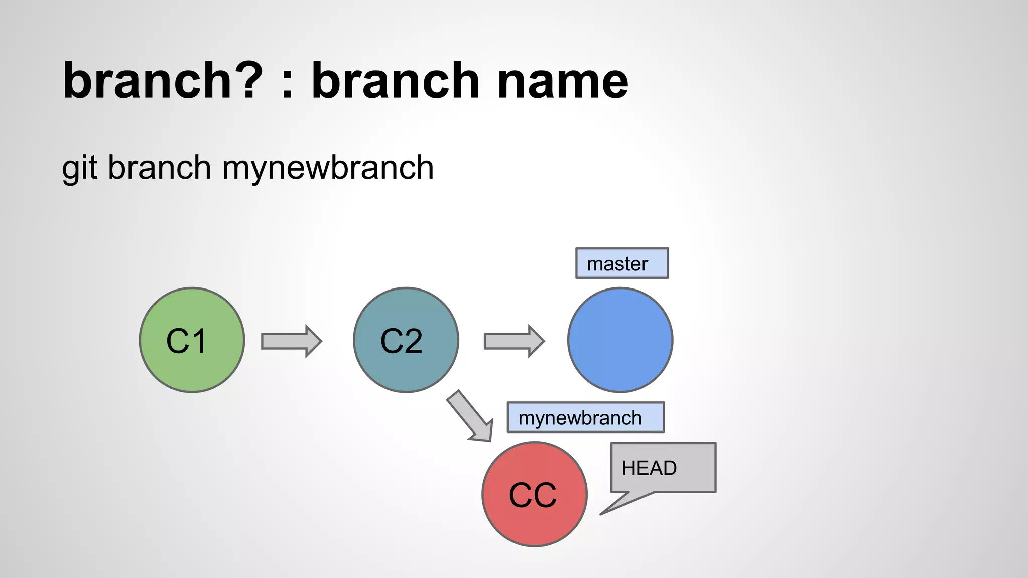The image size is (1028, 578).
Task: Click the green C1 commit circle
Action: click(192, 340)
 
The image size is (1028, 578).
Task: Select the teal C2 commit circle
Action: click(406, 340)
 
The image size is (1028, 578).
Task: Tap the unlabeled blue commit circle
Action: click(620, 340)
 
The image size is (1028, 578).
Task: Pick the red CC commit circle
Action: click(534, 494)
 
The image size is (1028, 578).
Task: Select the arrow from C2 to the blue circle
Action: click(513, 341)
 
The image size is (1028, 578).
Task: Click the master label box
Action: click(621, 263)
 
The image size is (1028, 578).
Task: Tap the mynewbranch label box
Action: click(585, 417)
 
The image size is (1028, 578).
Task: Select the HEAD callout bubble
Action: click(663, 468)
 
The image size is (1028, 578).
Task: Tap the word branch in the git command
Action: click(159, 167)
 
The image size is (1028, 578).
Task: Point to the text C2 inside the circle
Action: click(401, 341)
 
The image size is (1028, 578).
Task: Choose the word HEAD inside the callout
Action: click(649, 468)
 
